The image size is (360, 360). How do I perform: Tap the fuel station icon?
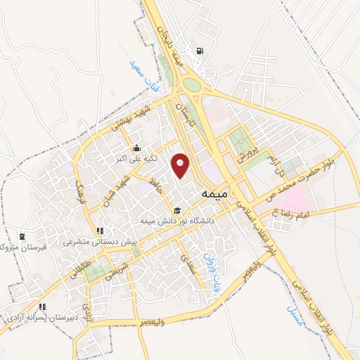click(x=201, y=51)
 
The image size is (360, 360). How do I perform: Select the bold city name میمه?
click(x=214, y=191)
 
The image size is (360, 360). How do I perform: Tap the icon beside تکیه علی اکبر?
click(x=136, y=148)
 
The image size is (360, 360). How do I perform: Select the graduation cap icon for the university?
click(x=176, y=210)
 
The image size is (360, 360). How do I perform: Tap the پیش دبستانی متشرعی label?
click(x=101, y=243)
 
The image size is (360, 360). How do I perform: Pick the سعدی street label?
click(x=188, y=266)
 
